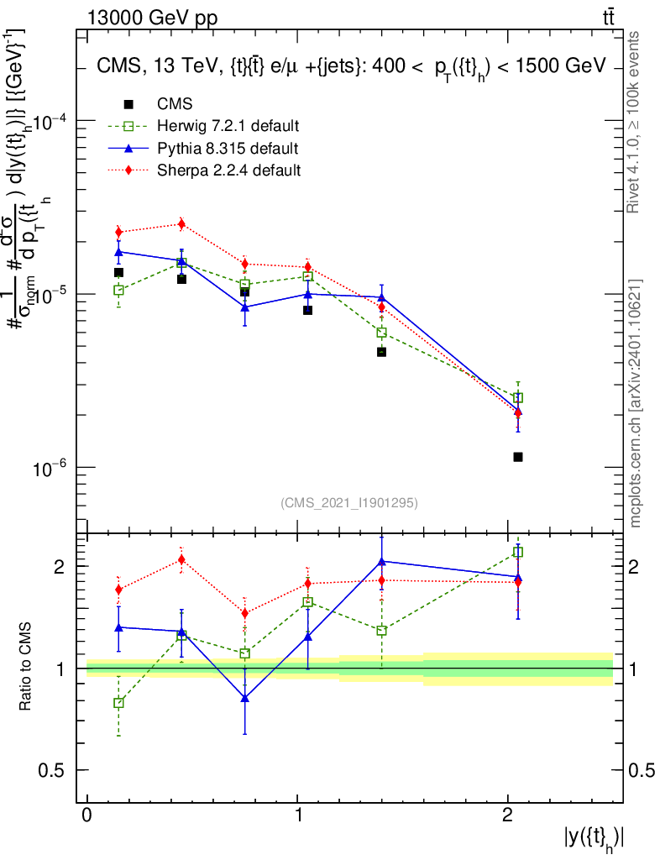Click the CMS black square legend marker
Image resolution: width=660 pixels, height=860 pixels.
[128, 104]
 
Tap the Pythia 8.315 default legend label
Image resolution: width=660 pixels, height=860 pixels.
[228, 149]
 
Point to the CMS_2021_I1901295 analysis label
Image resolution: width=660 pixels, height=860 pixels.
[349, 502]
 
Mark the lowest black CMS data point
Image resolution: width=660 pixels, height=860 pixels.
[518, 457]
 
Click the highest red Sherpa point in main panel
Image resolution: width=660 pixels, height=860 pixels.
[181, 224]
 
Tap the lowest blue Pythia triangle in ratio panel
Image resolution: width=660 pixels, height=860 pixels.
[244, 698]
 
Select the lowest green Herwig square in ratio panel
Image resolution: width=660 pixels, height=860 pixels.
[118, 703]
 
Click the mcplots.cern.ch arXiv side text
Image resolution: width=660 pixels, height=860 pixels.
[636, 403]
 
